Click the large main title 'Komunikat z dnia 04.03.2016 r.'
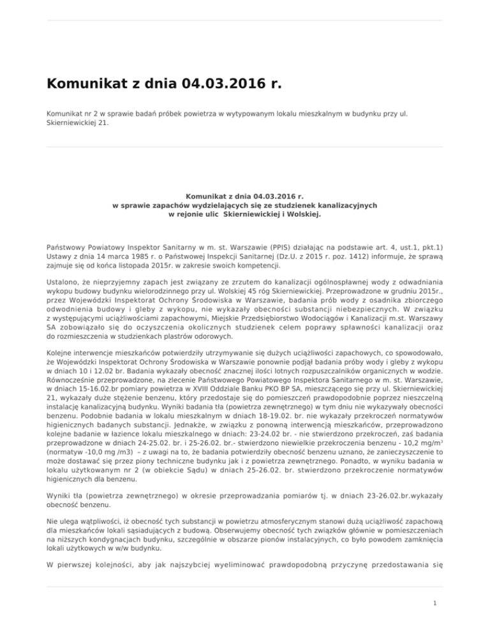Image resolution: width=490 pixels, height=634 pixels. [x=164, y=84]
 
